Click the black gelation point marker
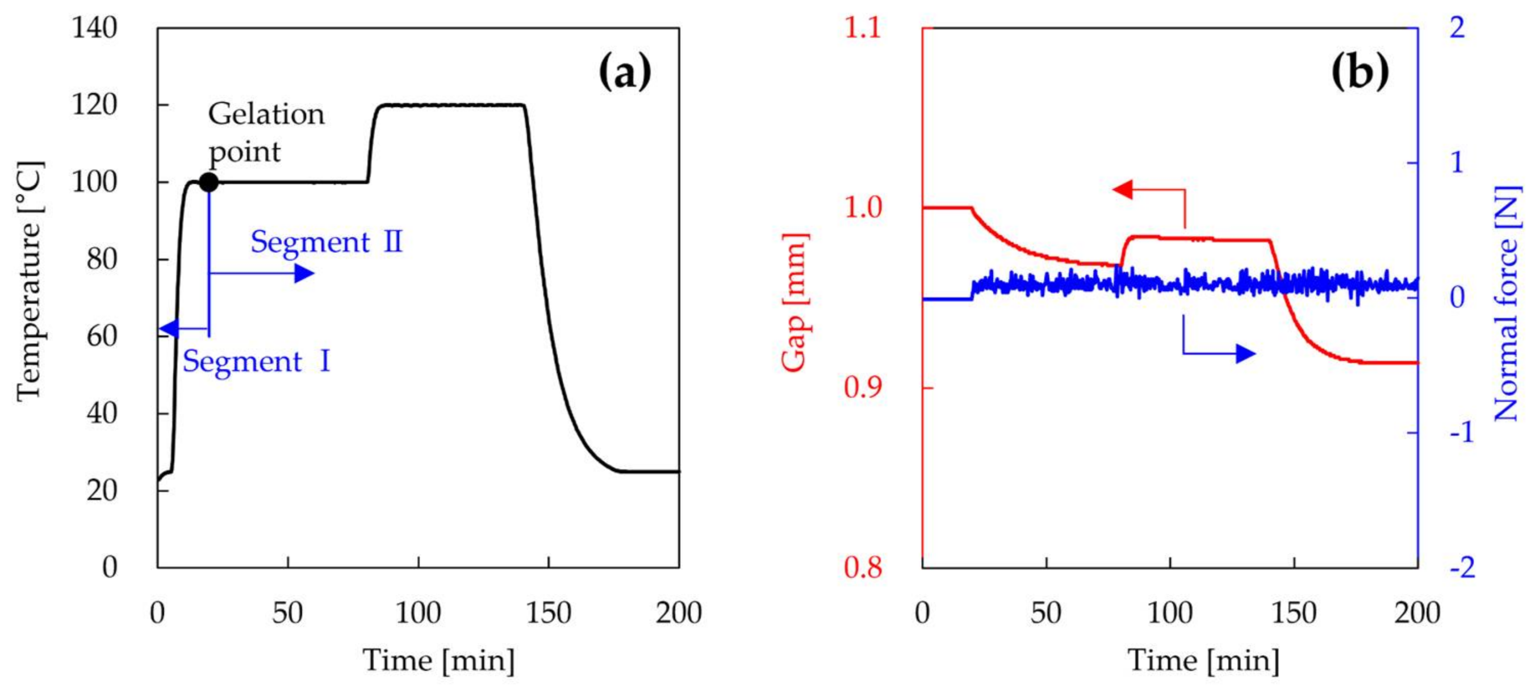(208, 182)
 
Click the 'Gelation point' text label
(266, 132)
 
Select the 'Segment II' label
(327, 243)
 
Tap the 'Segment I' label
(256, 362)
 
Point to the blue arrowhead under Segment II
(304, 274)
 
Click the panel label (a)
(625, 71)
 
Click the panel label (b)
(1360, 71)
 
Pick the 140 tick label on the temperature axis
(94, 28)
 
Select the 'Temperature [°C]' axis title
(30, 281)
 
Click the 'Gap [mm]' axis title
(795, 303)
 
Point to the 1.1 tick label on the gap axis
(862, 28)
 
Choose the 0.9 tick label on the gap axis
(862, 388)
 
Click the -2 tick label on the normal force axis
(1462, 567)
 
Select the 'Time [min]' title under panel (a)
(438, 661)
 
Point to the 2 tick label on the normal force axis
(1458, 28)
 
